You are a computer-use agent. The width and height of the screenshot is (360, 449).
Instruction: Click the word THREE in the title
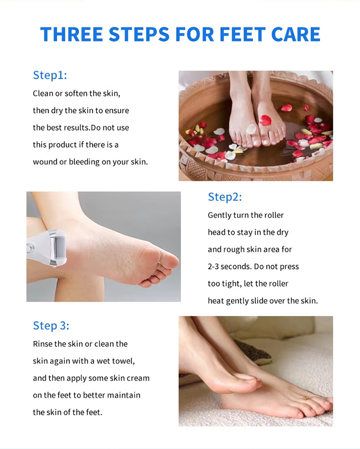tap(72, 35)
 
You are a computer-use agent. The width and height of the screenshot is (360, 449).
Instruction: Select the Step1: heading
tap(50, 75)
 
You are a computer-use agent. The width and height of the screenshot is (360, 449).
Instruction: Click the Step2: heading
tap(225, 197)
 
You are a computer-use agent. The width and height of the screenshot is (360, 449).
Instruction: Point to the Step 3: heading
tap(51, 326)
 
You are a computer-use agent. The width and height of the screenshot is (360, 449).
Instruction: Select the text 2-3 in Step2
tap(213, 267)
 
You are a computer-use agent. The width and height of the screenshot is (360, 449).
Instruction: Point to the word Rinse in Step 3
tap(43, 344)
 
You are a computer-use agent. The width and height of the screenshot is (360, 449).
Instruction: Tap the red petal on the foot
tap(265, 120)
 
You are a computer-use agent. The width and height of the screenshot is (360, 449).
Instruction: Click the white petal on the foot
tap(251, 129)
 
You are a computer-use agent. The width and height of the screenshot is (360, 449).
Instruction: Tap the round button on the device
tap(30, 248)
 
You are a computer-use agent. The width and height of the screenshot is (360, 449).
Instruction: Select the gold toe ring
tap(306, 398)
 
